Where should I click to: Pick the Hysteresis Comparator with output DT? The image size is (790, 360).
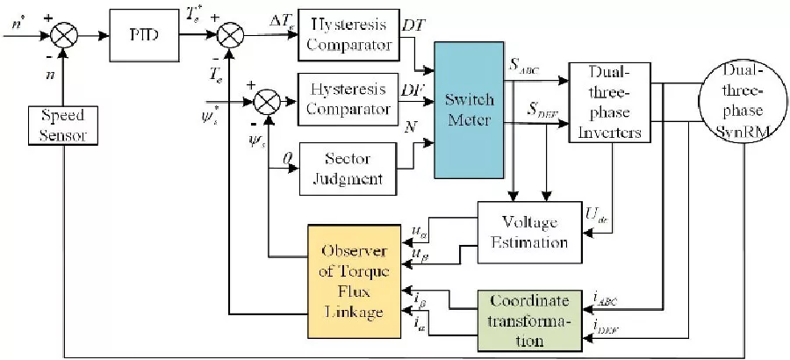pos(345,32)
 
